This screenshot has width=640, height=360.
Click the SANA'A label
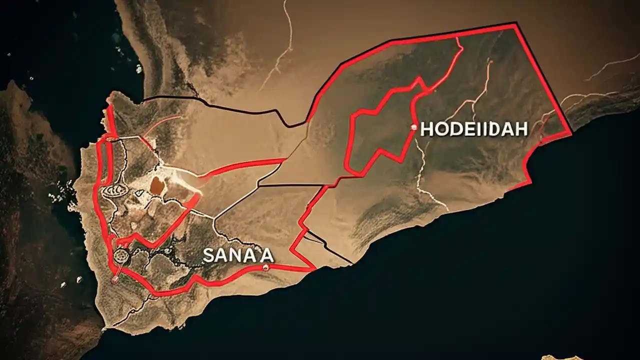(238, 255)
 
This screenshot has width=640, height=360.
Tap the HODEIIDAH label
(473, 129)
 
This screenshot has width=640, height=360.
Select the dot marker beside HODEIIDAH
(413, 127)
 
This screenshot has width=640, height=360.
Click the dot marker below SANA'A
(265, 268)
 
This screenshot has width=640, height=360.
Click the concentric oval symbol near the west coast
(111, 190)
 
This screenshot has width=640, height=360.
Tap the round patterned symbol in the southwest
(120, 256)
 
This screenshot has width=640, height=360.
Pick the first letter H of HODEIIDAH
(426, 129)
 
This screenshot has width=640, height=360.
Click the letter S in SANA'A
(208, 255)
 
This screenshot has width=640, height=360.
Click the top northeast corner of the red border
(515, 24)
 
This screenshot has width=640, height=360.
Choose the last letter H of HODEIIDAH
(521, 129)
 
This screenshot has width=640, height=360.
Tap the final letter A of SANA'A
(267, 255)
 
